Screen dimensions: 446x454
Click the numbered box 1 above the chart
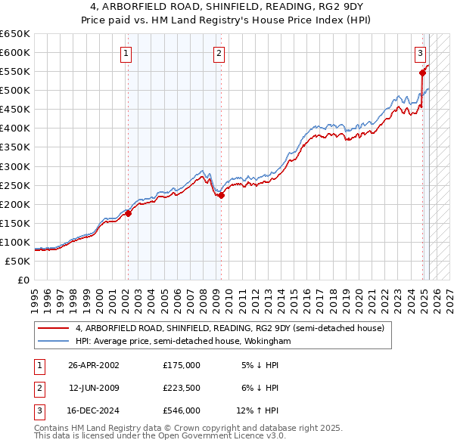126,53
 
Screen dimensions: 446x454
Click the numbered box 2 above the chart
218,53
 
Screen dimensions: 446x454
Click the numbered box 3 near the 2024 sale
420,53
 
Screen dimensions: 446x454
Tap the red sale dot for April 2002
128,213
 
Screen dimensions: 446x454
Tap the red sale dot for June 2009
222,195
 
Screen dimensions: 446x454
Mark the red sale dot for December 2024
422,73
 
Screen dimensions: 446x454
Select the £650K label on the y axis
16,34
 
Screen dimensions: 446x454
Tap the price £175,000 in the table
182,364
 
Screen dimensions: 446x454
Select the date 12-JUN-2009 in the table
94,388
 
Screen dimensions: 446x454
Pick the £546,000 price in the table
182,411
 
